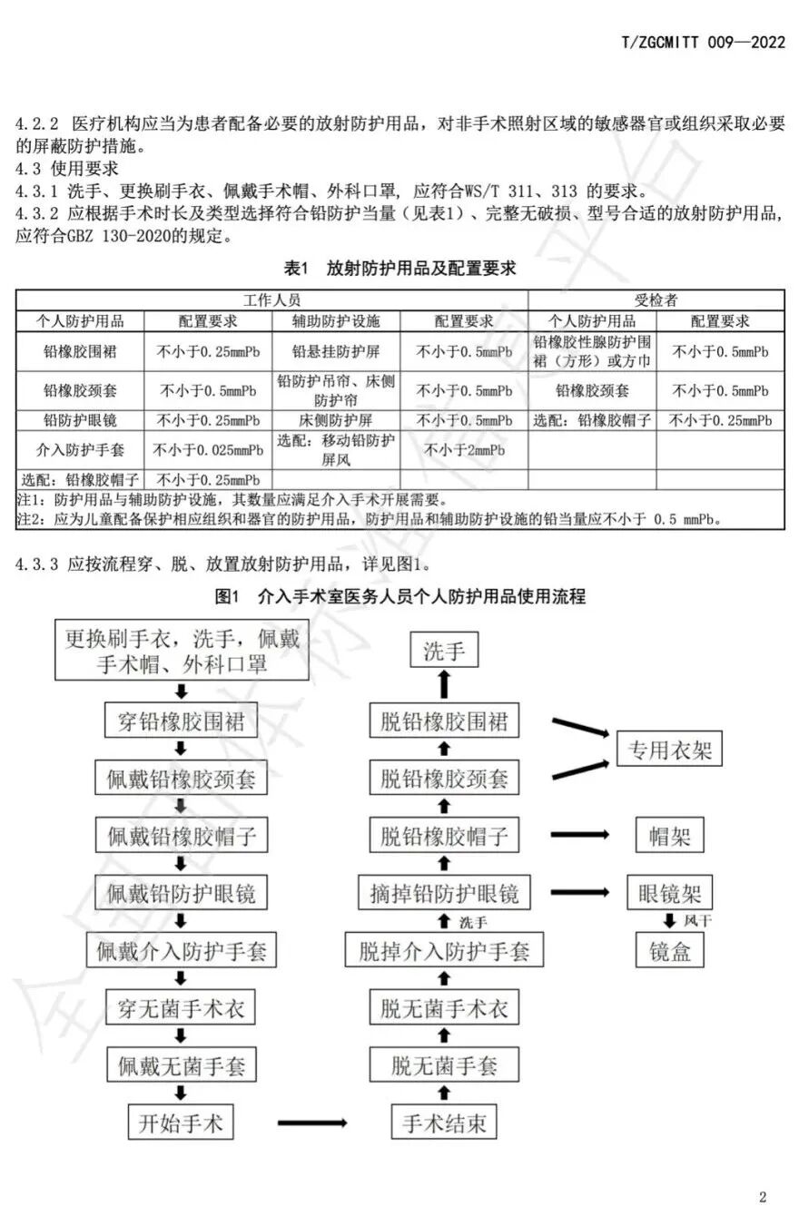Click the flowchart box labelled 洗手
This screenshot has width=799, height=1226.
[444, 650]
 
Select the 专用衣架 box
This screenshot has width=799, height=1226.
[670, 750]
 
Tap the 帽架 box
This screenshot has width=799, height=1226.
[670, 836]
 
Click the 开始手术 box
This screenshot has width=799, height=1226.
[180, 1123]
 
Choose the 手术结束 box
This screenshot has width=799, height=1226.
[444, 1123]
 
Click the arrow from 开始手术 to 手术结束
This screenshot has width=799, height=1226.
[312, 1123]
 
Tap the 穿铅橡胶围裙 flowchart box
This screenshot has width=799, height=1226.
[181, 722]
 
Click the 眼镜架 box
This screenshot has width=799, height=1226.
[670, 892]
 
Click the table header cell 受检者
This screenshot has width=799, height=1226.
[656, 300]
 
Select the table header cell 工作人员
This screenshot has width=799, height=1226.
[271, 300]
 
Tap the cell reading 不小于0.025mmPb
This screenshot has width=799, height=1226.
[208, 450]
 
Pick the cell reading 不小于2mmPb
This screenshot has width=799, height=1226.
[464, 450]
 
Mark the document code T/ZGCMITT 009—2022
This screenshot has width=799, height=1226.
[704, 42]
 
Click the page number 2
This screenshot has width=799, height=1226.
[763, 1197]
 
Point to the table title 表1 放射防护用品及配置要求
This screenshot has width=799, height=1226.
[400, 269]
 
